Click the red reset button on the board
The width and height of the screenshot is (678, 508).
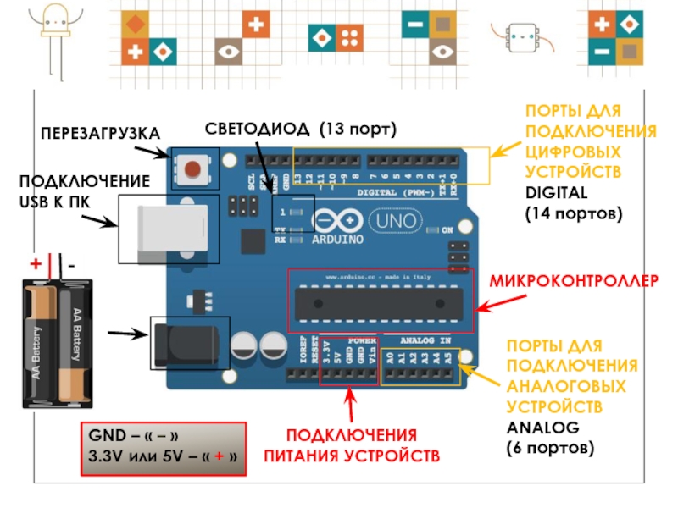click(x=195, y=168)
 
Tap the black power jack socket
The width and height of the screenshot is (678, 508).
click(x=191, y=343)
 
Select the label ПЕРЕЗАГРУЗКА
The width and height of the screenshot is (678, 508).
click(x=100, y=133)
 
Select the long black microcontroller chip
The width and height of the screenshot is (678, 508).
click(x=379, y=303)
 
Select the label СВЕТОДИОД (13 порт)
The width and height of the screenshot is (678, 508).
click(x=301, y=129)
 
